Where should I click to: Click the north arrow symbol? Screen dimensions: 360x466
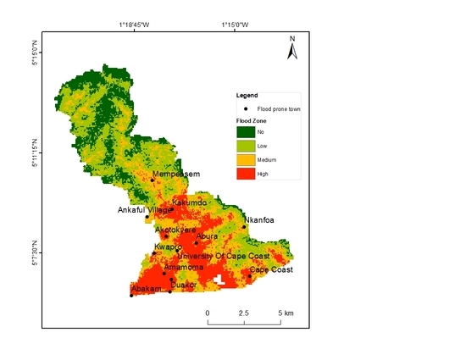(x=291, y=50)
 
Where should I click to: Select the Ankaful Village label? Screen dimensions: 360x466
(x=143, y=210)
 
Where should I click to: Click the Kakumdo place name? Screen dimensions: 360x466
(x=190, y=203)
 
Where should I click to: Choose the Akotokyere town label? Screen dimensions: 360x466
(x=175, y=230)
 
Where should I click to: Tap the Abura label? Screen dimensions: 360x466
(x=208, y=237)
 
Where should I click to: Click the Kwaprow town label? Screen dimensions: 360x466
(x=168, y=247)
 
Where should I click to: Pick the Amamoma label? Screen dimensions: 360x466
(x=184, y=267)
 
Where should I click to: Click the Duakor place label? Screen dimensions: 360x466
(x=184, y=285)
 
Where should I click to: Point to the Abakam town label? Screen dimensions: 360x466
(x=145, y=289)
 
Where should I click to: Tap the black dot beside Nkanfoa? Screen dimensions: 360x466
(x=244, y=227)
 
